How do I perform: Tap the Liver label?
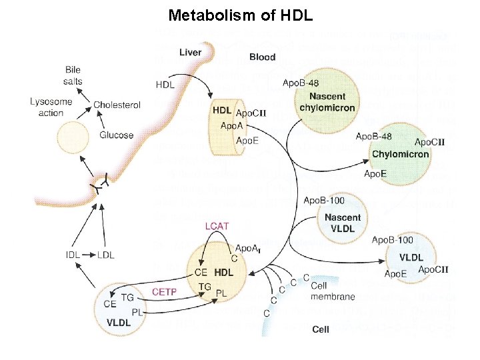(x=191, y=53)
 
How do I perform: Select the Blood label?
(x=262, y=57)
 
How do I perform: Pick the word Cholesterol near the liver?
(x=117, y=105)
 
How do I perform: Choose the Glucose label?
(x=117, y=135)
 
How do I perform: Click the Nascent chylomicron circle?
(x=327, y=103)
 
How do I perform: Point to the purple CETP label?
(x=164, y=291)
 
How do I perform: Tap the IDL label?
(x=73, y=255)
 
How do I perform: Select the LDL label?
(x=105, y=255)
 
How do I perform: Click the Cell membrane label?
(x=333, y=291)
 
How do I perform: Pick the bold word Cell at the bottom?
(x=321, y=329)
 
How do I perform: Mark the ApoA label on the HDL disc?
(x=231, y=126)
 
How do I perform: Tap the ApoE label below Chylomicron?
(x=375, y=173)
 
